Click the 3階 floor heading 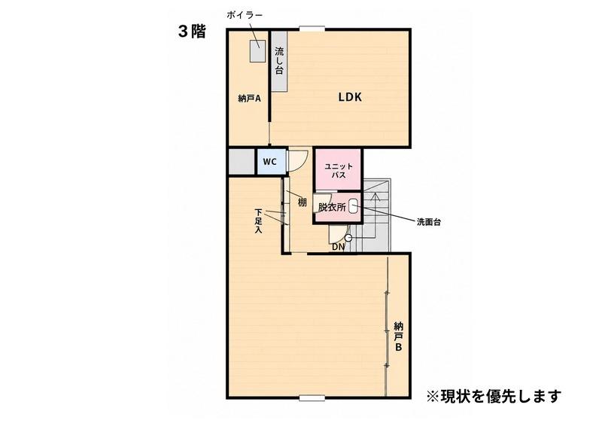click(x=192, y=32)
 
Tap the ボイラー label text click(x=244, y=15)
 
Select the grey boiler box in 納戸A click(x=258, y=50)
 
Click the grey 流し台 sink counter click(x=279, y=61)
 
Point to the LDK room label click(x=350, y=97)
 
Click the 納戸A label click(x=250, y=99)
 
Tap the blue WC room click(x=272, y=162)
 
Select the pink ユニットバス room click(x=338, y=169)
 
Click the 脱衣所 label click(x=332, y=207)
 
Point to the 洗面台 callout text click(x=428, y=222)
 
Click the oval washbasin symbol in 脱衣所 click(x=354, y=207)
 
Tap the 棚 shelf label click(x=303, y=202)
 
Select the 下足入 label click(x=258, y=221)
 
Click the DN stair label click(x=338, y=247)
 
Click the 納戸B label click(x=399, y=337)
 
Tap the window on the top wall click(x=312, y=28)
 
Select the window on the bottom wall click(x=312, y=398)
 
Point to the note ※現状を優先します click(x=494, y=396)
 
